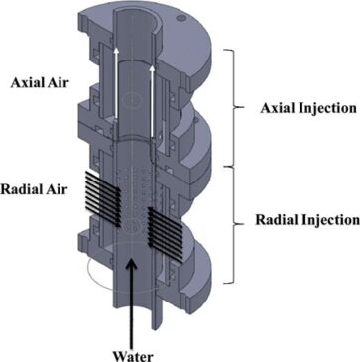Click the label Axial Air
coord(40,83)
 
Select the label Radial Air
coord(34,189)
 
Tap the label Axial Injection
coord(308,108)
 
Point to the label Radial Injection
coord(307,220)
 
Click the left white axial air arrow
coord(115,83)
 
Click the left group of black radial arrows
coord(102,198)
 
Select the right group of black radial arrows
coord(166,235)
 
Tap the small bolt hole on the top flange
coord(180,19)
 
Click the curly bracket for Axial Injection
coord(234,107)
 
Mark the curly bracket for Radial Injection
coord(234,224)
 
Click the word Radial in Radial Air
coord(21,189)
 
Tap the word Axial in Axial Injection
coord(278,108)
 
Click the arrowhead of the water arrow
coord(132,265)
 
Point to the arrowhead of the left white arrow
coord(115,51)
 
